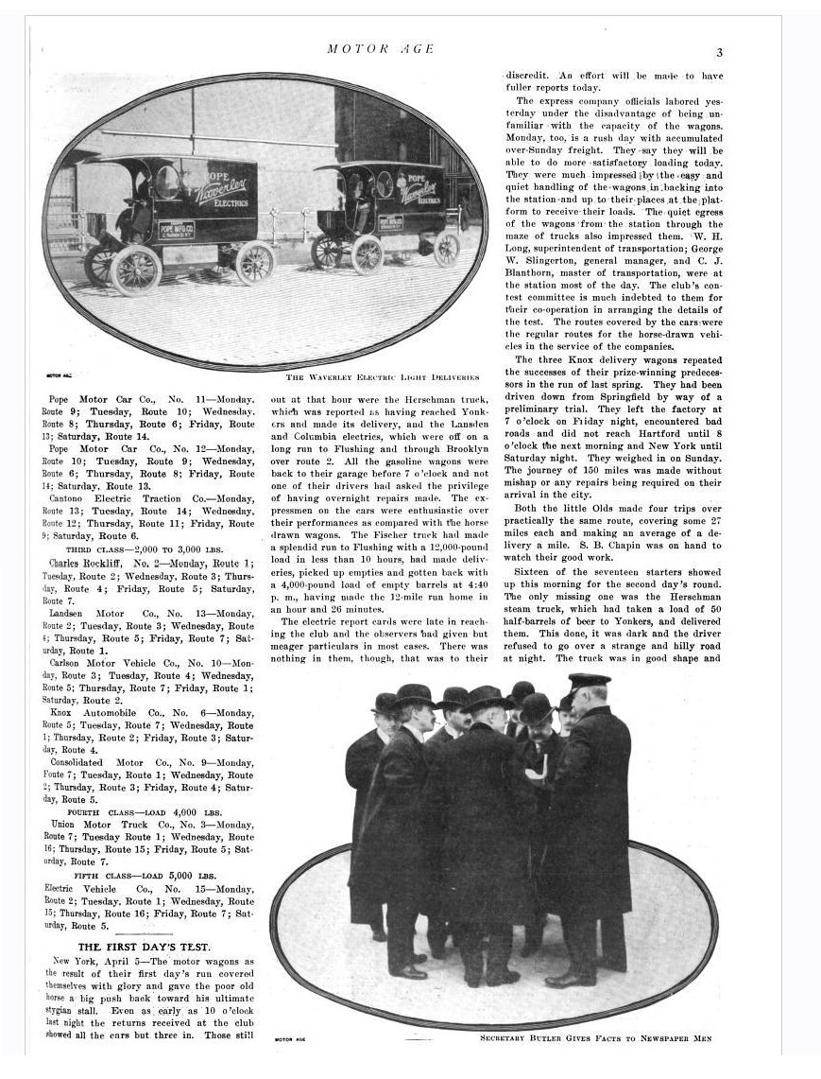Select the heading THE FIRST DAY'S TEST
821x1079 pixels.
(x=145, y=946)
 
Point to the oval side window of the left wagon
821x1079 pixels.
(x=166, y=181)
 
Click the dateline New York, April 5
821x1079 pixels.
(x=89, y=961)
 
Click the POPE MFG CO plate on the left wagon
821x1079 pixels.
(x=177, y=230)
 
